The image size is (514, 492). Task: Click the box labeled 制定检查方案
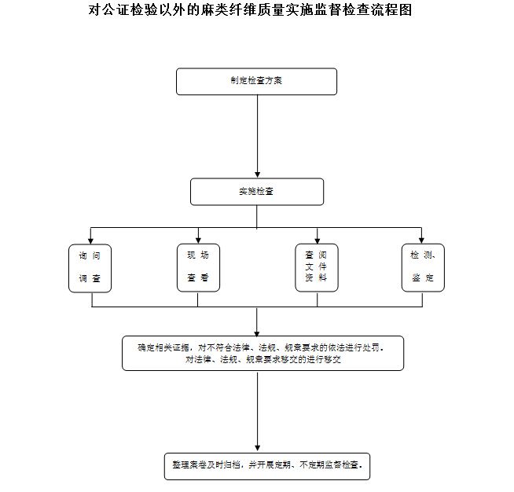(256, 81)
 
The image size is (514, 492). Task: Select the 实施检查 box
(256, 192)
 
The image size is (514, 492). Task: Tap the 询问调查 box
(90, 267)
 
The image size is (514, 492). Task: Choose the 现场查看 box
(198, 267)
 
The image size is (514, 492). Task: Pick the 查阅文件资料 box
(317, 267)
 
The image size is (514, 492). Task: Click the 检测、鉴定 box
(423, 267)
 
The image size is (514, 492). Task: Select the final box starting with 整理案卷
(266, 464)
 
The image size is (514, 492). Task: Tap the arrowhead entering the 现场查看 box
(198, 239)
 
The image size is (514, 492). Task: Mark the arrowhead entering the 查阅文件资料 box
(317, 239)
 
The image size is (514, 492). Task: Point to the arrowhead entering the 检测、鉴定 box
(422, 239)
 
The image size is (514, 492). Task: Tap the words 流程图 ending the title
(393, 11)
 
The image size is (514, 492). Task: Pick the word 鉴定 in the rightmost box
(423, 278)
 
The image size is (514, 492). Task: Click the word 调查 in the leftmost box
(90, 279)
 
